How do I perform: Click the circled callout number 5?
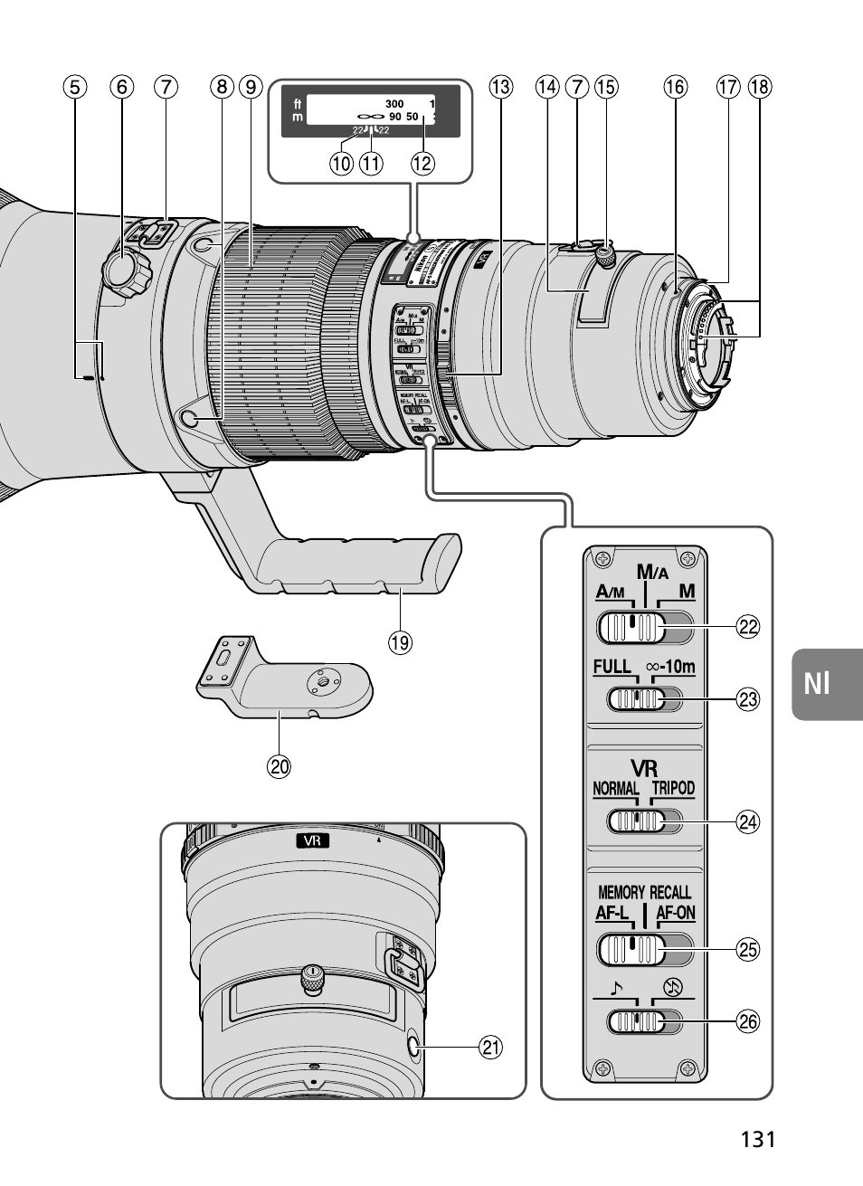coord(75,87)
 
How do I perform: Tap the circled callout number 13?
coord(500,87)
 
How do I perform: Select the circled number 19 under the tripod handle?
coord(399,643)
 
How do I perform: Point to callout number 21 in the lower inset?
coord(489,1048)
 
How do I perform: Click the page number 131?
coord(757,1139)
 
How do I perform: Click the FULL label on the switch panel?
coord(612,668)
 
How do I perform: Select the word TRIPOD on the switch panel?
coord(673,788)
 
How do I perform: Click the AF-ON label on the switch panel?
coord(675,913)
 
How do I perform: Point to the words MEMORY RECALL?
coord(643,892)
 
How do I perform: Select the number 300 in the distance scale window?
coord(394,104)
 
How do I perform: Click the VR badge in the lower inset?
coord(312,841)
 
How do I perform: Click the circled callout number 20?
coord(279,766)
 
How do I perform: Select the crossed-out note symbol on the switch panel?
coord(671,988)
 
